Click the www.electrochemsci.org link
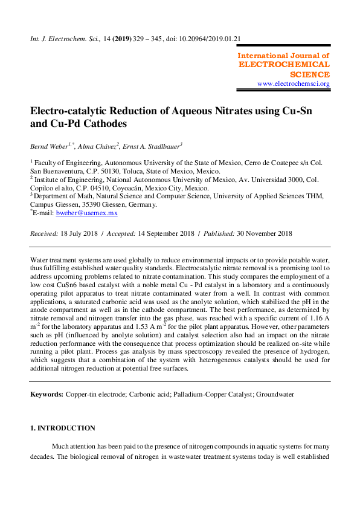click(x=294, y=84)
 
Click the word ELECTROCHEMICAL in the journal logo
click(x=284, y=64)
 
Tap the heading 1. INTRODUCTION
click(x=62, y=428)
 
